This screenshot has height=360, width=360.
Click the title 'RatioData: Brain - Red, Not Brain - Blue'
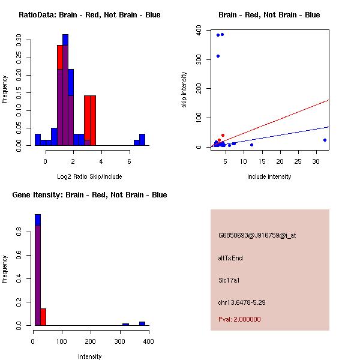coord(89,14)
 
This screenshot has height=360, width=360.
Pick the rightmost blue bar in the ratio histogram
coord(142,139)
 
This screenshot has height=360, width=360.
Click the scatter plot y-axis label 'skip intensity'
coord(185,90)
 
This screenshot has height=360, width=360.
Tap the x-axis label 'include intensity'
coord(269,176)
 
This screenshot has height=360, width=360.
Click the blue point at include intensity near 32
coord(325,140)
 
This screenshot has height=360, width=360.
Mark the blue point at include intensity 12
coord(251,145)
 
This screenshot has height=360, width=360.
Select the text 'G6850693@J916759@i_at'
coord(257,235)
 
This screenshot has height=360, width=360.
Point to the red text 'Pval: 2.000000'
coord(239,319)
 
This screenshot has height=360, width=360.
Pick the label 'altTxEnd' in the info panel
coord(230,258)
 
